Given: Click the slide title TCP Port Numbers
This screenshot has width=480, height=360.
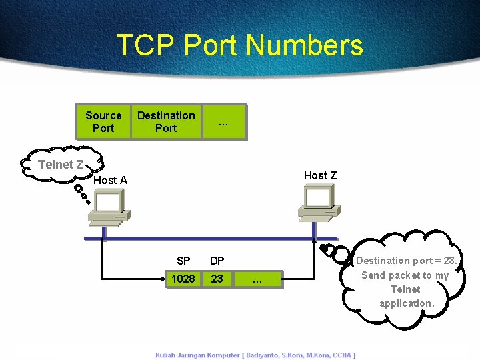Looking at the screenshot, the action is [239, 45].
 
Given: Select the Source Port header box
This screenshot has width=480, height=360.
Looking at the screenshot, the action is [103, 121].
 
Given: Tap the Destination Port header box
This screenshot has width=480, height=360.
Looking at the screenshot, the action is [166, 121].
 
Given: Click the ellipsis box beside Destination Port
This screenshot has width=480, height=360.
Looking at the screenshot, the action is [223, 121].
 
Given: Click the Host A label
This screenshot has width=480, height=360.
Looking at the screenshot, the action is [111, 180].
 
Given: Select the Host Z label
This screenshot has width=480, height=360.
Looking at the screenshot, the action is [320, 175].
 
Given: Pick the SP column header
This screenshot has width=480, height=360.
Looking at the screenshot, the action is [183, 261].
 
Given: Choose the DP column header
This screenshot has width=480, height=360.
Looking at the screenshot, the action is [217, 261].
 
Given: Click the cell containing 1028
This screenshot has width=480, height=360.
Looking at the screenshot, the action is [183, 279].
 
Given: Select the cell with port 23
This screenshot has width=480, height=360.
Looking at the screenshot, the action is [217, 279].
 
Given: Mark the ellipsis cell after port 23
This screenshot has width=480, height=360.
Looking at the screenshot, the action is [257, 280].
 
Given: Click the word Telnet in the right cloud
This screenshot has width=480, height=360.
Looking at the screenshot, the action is [405, 289].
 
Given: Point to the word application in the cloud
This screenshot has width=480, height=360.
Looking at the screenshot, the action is [407, 303].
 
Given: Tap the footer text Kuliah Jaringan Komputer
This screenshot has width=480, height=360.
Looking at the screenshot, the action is [197, 355].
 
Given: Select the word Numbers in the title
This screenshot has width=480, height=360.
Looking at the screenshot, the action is [305, 45].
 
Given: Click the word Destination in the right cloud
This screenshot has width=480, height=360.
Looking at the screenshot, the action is [383, 261].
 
